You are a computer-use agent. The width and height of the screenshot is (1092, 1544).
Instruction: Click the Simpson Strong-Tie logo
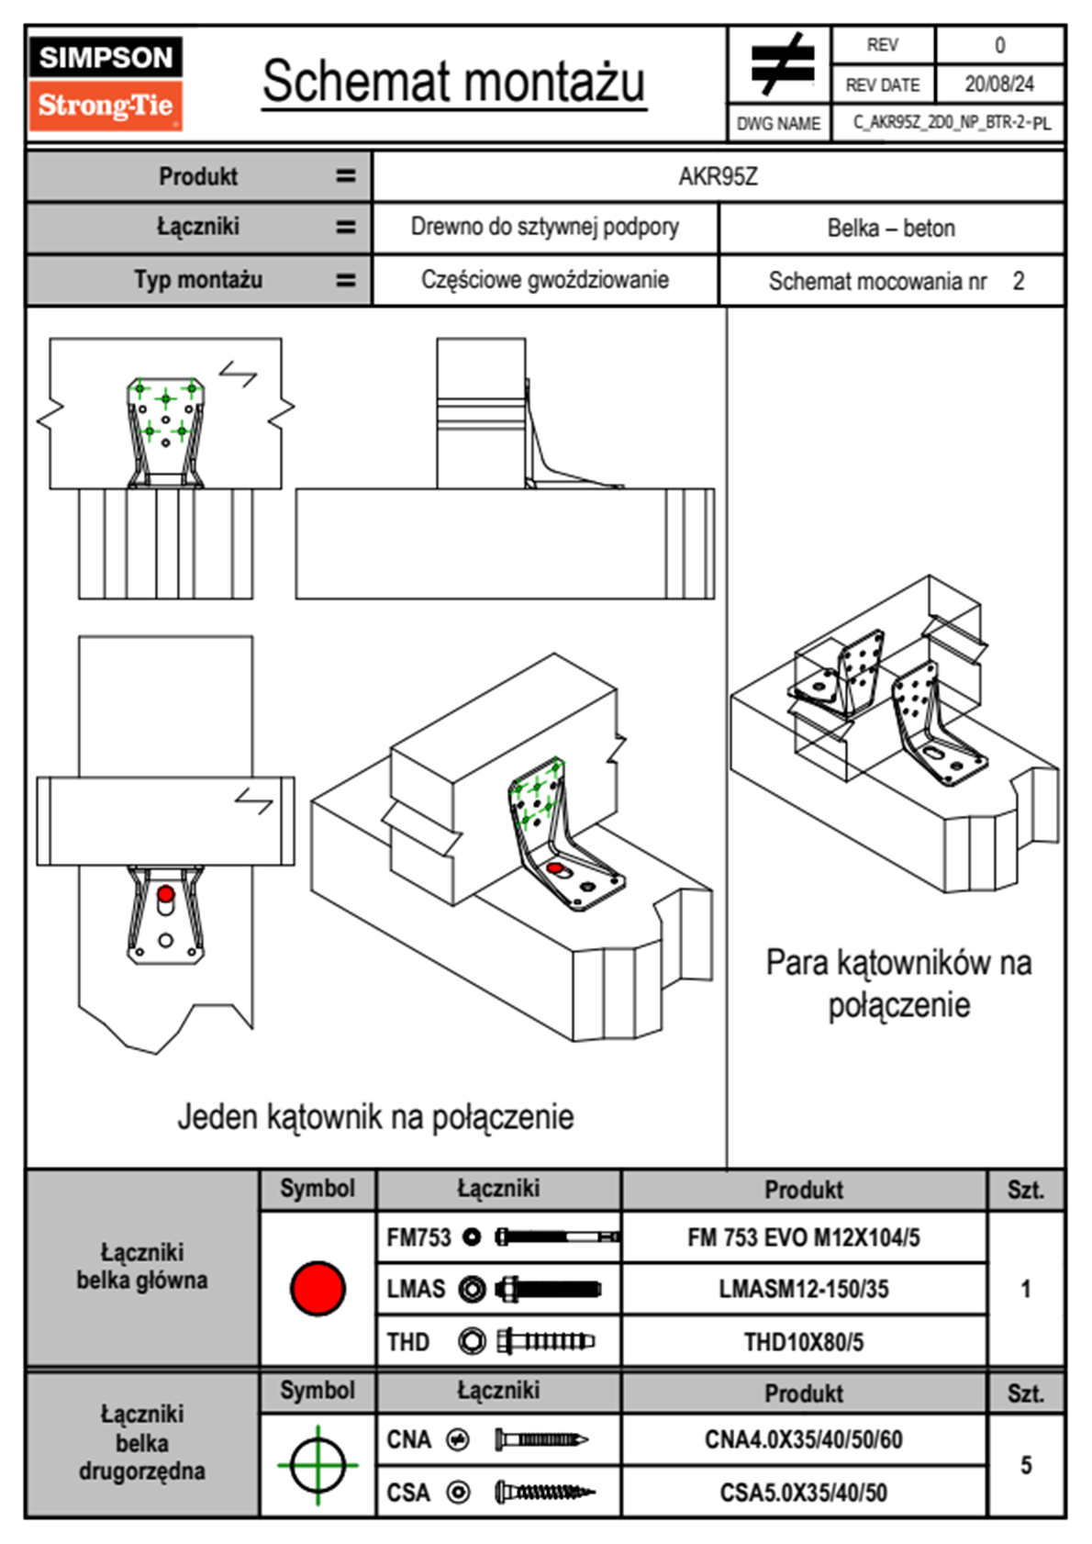click(x=106, y=83)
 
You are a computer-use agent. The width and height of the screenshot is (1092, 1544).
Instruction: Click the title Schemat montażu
click(x=453, y=82)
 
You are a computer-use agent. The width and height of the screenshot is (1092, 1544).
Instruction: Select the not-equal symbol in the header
click(x=782, y=63)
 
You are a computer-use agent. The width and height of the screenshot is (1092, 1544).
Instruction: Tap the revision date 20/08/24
click(x=998, y=84)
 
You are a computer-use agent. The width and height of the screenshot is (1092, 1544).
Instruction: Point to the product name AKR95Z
click(x=718, y=176)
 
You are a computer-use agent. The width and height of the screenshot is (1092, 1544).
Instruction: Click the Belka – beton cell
click(x=891, y=228)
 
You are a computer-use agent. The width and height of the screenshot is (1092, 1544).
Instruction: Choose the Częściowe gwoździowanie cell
click(x=544, y=280)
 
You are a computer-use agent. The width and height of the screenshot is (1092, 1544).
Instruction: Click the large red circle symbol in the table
click(x=318, y=1288)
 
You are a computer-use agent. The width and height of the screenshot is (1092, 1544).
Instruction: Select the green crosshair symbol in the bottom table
click(x=318, y=1465)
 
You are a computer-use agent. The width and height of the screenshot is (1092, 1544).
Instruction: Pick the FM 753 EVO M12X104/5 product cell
click(x=803, y=1237)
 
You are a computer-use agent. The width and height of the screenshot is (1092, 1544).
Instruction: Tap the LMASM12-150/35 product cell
click(x=803, y=1289)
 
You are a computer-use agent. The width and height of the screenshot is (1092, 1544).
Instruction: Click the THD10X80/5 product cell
click(x=803, y=1342)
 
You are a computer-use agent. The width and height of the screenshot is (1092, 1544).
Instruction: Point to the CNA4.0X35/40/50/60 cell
click(x=803, y=1439)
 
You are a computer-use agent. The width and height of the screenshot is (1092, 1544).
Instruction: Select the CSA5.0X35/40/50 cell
click(x=803, y=1493)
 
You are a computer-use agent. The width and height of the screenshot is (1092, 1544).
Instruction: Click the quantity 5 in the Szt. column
click(x=1026, y=1465)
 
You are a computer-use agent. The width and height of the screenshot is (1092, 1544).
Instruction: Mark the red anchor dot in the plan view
click(x=165, y=893)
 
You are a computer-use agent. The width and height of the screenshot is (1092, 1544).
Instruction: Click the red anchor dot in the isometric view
click(x=554, y=867)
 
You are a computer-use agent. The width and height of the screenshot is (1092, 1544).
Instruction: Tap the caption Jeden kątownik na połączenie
click(x=375, y=1117)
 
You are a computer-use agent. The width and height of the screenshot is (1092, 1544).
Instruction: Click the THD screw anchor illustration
click(x=545, y=1341)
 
